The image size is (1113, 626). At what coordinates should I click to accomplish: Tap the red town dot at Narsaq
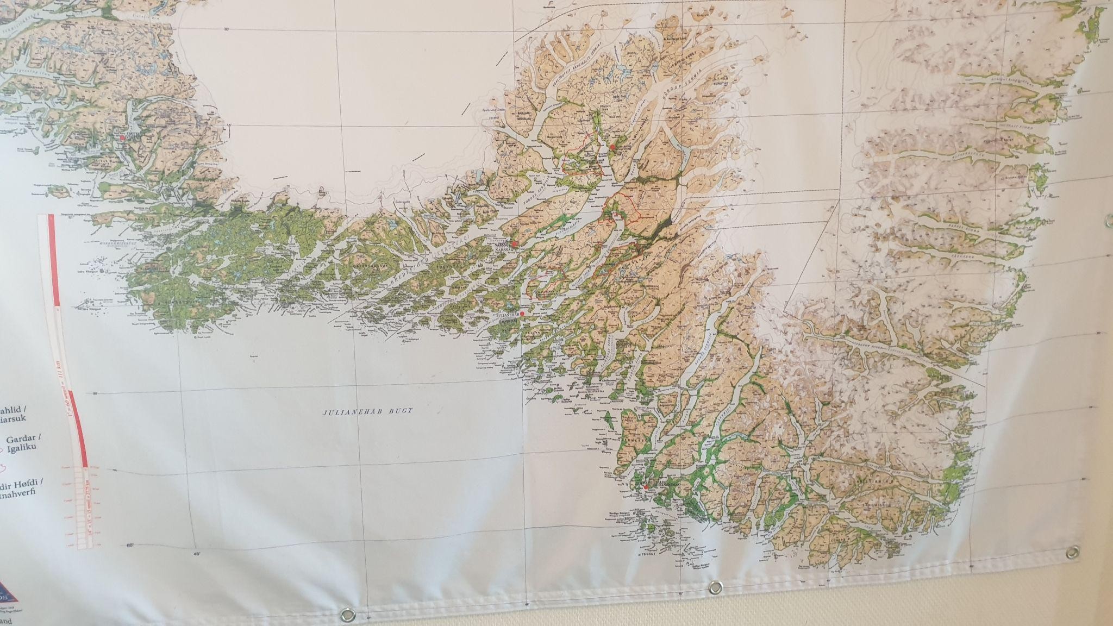pos(514,244)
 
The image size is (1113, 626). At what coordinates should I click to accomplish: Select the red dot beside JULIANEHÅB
pos(522,314)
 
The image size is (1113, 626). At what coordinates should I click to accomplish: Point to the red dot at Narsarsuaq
pos(612,147)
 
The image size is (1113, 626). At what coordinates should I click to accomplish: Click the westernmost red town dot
pos(123,138)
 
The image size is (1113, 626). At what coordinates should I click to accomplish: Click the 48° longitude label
pos(196,554)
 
